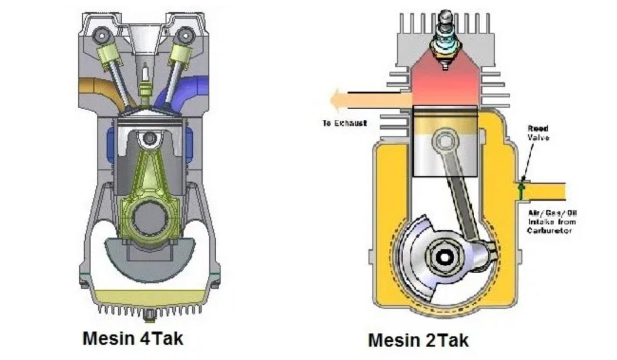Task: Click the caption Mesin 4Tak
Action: tap(133, 339)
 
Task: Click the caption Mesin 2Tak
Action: tap(418, 339)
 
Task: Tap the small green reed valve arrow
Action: tap(519, 190)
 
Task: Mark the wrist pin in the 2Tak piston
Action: tap(444, 142)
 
